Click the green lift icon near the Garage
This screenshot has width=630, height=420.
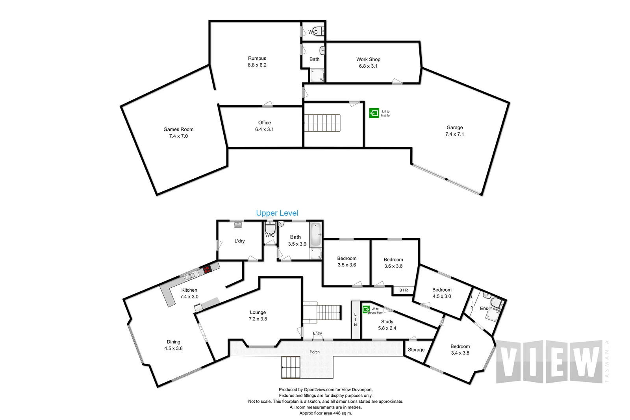(x=374, y=113)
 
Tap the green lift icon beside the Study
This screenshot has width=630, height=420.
(x=366, y=309)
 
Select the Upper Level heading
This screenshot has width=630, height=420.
(x=277, y=213)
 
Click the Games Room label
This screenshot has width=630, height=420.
(x=178, y=129)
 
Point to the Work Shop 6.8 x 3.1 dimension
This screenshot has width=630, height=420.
(x=368, y=66)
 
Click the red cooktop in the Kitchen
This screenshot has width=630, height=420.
(x=206, y=270)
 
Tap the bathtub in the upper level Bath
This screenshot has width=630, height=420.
(x=315, y=235)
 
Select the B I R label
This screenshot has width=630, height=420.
(x=404, y=290)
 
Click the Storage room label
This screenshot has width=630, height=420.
(x=416, y=350)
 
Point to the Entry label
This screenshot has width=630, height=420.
(x=317, y=333)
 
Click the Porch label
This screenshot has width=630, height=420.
(x=315, y=352)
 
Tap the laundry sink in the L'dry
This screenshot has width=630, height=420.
(x=238, y=225)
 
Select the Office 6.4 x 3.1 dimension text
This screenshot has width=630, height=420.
(x=264, y=129)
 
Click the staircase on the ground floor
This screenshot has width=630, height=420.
(x=322, y=123)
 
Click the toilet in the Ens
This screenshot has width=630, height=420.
(x=496, y=303)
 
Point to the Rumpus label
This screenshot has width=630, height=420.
(x=257, y=58)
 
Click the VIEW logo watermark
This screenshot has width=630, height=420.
(x=549, y=361)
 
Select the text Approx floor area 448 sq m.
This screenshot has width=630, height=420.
(x=326, y=413)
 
